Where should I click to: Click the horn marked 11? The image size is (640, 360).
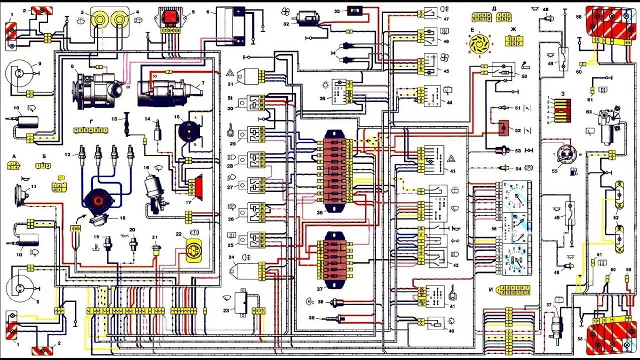(20, 192)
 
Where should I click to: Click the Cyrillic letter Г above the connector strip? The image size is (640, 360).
(91, 121)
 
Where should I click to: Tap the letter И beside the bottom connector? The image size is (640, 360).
(491, 289)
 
